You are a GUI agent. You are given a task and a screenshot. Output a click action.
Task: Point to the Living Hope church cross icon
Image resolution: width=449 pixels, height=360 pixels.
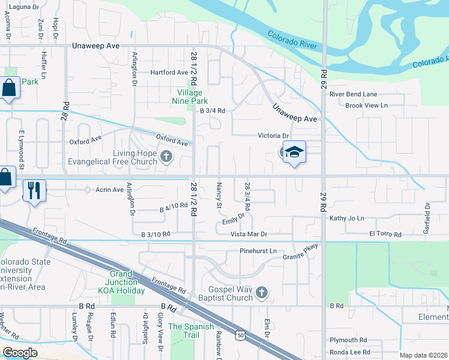[x=166, y=157]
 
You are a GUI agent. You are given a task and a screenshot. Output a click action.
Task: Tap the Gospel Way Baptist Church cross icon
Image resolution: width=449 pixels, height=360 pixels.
[x=261, y=293]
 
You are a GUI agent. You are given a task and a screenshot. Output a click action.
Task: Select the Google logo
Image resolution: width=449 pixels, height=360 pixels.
[x=20, y=353]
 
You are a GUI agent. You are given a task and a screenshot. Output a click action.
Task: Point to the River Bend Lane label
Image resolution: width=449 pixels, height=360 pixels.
[x=353, y=94]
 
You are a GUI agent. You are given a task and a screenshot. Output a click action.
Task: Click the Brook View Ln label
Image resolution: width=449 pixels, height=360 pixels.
[x=367, y=106]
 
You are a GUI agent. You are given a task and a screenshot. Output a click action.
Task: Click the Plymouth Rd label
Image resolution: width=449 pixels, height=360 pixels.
[x=348, y=340]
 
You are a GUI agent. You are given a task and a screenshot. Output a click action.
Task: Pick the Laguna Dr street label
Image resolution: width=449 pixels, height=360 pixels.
[x=23, y=7]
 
